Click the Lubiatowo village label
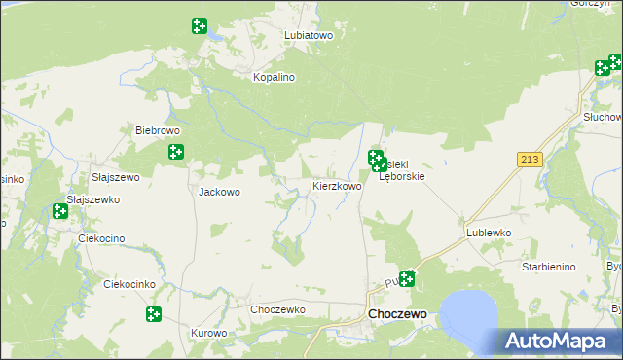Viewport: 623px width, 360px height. pyautogui.click(x=309, y=35)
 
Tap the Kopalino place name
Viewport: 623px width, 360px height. pyautogui.click(x=274, y=77)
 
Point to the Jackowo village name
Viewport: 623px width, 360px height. pyautogui.click(x=219, y=192)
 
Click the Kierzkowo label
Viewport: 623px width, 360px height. pyautogui.click(x=337, y=186)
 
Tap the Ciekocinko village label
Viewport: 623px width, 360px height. pyautogui.click(x=129, y=285)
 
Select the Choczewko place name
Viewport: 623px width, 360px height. pyautogui.click(x=278, y=309)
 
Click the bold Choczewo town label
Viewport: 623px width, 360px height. pyautogui.click(x=397, y=315)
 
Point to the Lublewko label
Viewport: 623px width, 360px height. pyautogui.click(x=489, y=234)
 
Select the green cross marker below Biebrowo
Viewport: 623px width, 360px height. pyautogui.click(x=176, y=152)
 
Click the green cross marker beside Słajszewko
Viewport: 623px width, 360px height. pyautogui.click(x=60, y=211)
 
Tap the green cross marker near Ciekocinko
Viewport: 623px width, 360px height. pyautogui.click(x=154, y=314)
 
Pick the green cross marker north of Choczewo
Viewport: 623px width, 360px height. pyautogui.click(x=406, y=279)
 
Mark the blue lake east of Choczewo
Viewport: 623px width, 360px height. pyautogui.click(x=471, y=310)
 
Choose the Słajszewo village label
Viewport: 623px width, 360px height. pyautogui.click(x=116, y=178)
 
